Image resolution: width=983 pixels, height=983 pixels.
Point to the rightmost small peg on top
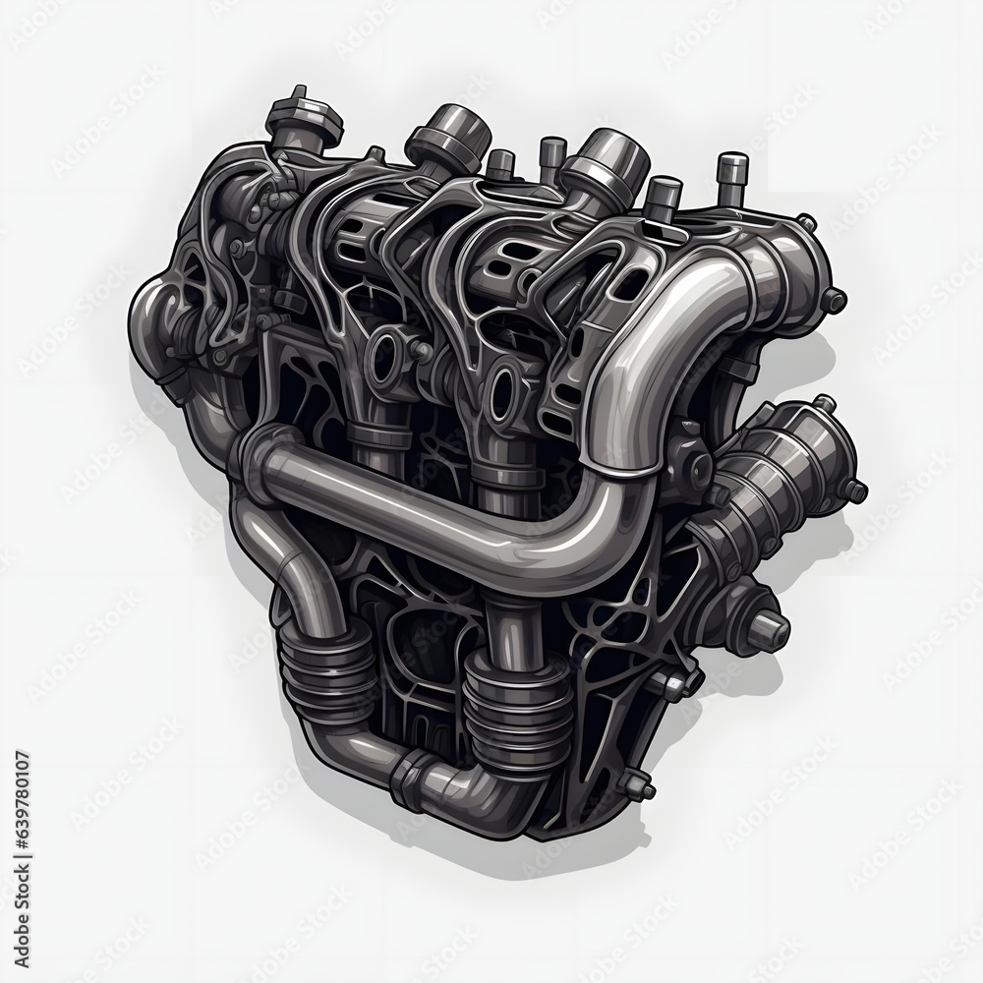point(731,173)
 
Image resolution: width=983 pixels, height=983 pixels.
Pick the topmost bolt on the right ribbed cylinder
point(824,403)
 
